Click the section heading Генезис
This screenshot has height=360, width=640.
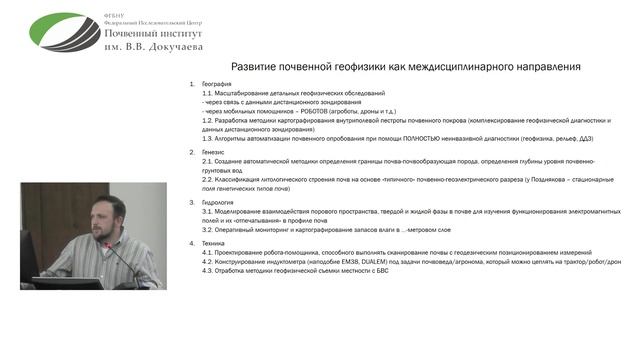click(x=213, y=151)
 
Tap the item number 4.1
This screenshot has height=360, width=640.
click(x=206, y=253)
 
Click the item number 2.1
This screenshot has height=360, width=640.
click(x=206, y=160)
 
